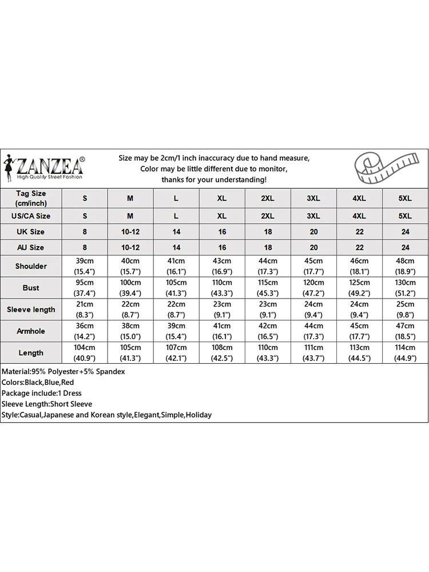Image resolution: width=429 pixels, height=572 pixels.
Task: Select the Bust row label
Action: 31,288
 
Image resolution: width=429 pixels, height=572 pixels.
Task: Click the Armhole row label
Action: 31,331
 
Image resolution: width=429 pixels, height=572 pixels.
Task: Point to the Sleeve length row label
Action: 31,309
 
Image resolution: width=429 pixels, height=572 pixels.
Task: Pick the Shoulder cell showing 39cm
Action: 85,266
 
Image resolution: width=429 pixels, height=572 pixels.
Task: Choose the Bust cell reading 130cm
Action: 405,288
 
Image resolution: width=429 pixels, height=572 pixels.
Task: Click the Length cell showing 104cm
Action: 85,353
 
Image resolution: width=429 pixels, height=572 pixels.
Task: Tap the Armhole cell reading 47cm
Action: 405,331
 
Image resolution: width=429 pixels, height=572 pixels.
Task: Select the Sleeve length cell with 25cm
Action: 405,309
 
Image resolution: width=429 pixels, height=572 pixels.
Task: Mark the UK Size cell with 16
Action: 222,232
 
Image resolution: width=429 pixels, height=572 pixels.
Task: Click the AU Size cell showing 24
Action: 405,248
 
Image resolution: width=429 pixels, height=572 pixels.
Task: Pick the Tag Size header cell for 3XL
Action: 313,198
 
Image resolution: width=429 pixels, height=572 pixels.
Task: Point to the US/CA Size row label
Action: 31,216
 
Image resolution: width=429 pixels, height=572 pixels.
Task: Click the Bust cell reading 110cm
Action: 222,288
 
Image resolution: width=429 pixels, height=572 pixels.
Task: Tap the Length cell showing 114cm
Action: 405,353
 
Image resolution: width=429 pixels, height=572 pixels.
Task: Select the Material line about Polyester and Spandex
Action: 63,372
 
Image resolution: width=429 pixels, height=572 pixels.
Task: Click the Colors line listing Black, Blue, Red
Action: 38,383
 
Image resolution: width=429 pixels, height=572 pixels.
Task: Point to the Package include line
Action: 42,394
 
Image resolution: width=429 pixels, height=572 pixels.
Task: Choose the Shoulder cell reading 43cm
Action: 222,266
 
